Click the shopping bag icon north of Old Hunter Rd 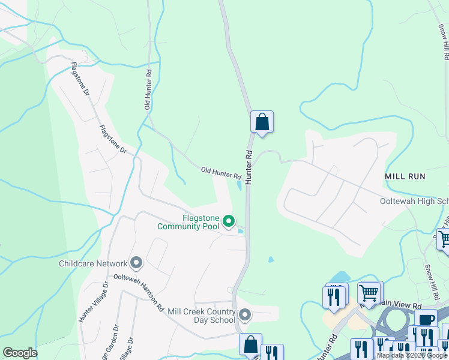tap(262, 122)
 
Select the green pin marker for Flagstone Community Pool tap(229, 222)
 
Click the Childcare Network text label tap(93, 263)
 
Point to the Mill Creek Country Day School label tap(202, 316)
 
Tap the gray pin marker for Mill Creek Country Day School tap(245, 315)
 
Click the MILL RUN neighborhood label tap(405, 176)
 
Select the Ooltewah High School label tap(414, 202)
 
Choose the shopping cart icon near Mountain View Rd tap(370, 293)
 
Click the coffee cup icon tap(426, 320)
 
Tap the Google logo tap(20, 353)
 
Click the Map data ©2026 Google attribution tap(412, 355)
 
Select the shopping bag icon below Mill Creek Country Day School tap(250, 345)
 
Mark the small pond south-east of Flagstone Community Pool tap(271, 260)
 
